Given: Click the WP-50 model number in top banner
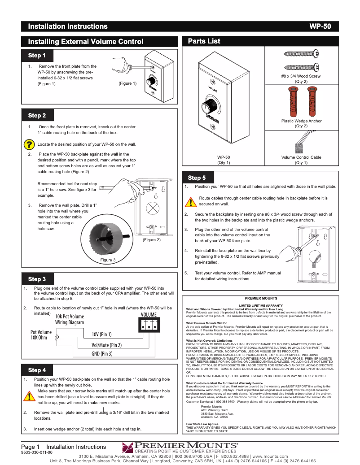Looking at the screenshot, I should tap(320, 26).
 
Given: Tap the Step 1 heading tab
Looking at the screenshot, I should tap(37, 56).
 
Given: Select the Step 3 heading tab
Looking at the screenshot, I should tap(37, 279).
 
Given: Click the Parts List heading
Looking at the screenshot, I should tap(204, 41).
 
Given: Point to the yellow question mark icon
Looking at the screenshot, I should tap(29, 144).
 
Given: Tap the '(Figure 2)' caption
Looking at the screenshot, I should tap(151, 240).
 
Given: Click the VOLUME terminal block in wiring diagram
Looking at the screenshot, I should tap(149, 326).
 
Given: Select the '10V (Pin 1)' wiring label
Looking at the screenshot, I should tap(101, 335).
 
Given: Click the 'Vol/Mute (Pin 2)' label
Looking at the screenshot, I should tap(106, 345).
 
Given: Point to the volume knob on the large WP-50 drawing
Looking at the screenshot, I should tap(209, 108).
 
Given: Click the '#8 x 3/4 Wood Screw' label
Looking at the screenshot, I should tap(301, 76).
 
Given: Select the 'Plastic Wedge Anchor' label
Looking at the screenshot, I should tap(301, 121).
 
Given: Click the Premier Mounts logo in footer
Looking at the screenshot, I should tap(180, 448).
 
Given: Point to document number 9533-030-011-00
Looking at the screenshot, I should tap(37, 452).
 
